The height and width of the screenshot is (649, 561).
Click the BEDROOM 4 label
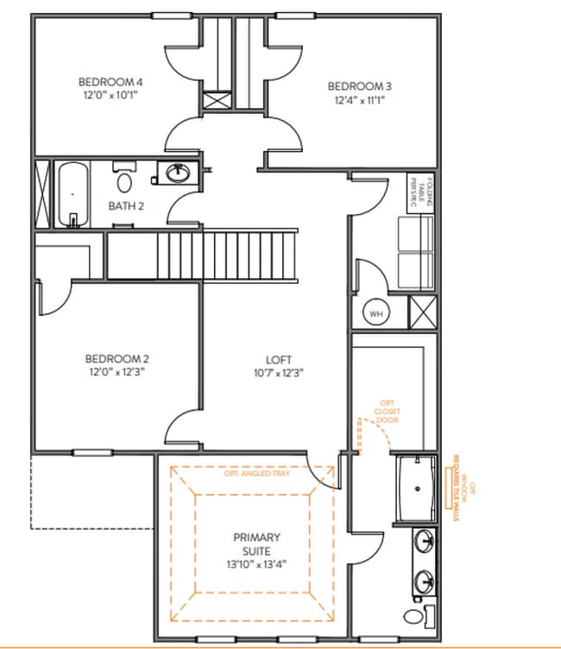point(109,82)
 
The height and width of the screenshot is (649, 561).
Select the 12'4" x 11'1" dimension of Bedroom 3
point(359,100)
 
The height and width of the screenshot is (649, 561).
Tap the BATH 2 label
point(126,205)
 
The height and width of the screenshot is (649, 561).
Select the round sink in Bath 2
point(178,174)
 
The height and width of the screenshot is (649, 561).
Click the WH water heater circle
point(376,313)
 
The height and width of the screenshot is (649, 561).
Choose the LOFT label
point(278,360)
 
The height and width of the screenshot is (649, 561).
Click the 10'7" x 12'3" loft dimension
point(278,374)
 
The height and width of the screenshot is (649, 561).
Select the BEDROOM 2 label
point(117,359)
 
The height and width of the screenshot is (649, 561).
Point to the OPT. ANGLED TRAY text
point(256,474)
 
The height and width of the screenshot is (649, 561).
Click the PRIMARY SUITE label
point(256,544)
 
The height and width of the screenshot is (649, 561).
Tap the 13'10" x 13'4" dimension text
point(256,564)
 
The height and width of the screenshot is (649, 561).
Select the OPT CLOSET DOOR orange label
point(388,411)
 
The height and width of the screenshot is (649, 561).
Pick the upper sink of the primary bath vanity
point(425,543)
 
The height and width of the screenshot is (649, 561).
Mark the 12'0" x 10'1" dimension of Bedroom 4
point(109,96)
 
